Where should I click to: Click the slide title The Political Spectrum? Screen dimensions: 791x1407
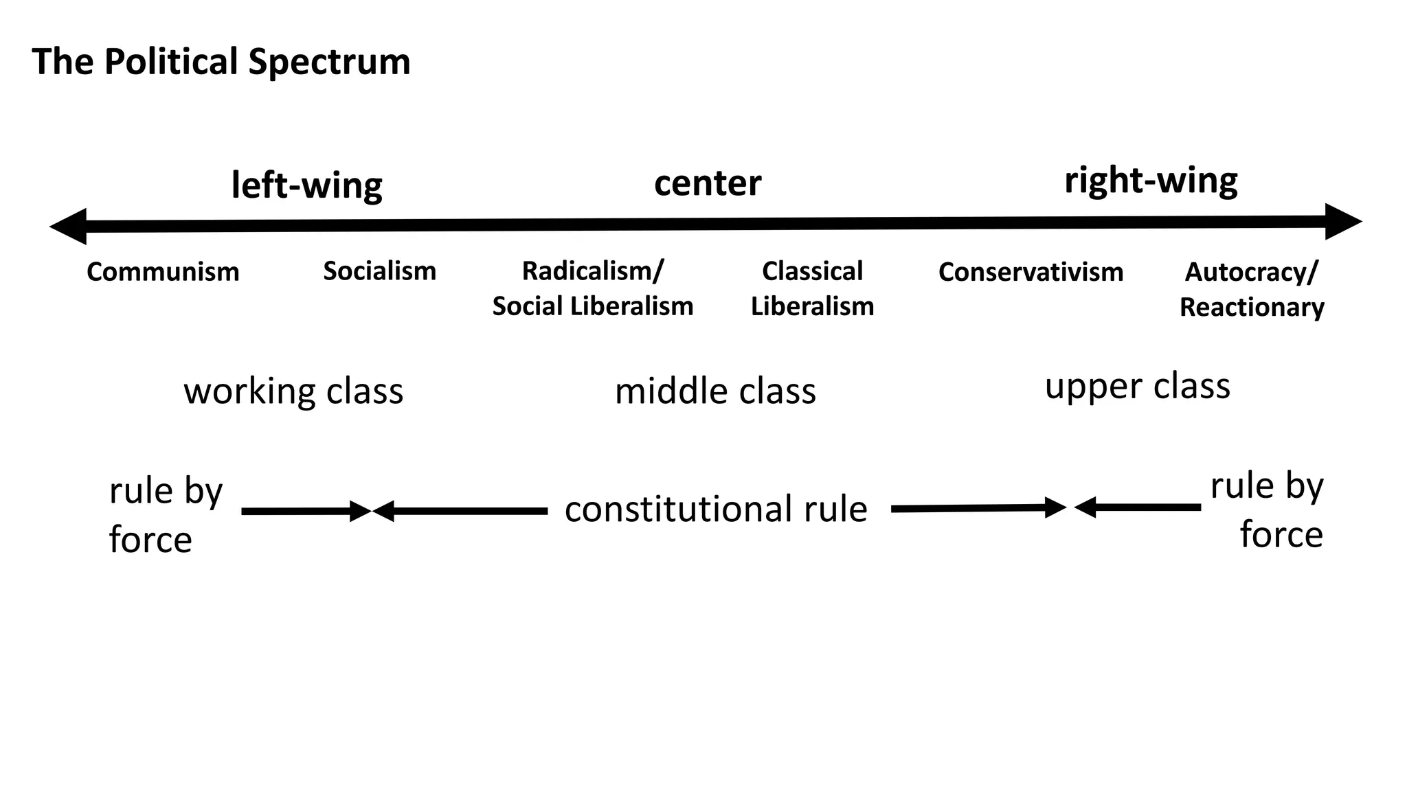pos(221,62)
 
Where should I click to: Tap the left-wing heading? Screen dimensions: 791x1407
pos(306,185)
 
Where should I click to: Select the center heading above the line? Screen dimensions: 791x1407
pos(708,183)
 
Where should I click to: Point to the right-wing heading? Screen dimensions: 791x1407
pos(1151,181)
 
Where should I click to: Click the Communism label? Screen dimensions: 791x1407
pos(163,272)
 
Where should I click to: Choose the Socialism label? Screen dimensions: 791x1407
pos(379,271)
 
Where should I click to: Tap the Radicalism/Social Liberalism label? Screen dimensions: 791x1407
pos(592,288)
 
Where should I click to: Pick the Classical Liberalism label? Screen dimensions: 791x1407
pos(812,288)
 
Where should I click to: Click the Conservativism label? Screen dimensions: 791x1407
pos(1031,272)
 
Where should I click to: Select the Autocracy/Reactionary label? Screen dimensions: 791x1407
pos(1252,289)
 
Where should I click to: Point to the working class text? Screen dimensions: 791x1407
pos(293,391)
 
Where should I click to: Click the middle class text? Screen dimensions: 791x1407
pos(715,391)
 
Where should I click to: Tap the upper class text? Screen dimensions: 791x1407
pos(1137,386)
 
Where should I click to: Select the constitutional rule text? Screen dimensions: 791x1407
pos(716,509)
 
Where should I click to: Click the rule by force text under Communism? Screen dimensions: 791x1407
pos(165,515)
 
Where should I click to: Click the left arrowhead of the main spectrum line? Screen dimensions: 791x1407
pos(69,227)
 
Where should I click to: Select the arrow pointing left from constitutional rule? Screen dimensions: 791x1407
pos(460,511)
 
